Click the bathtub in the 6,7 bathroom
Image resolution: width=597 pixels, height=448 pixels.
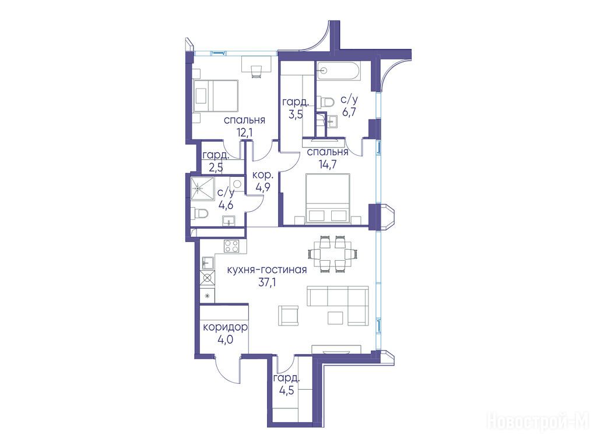point(339,71)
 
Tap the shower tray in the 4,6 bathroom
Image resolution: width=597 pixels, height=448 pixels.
point(203,188)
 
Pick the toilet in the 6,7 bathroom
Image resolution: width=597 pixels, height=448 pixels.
point(326,101)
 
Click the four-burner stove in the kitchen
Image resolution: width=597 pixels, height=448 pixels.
point(231,246)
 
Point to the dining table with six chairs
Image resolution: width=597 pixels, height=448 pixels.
point(333,254)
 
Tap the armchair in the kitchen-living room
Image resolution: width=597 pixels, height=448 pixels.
point(289,316)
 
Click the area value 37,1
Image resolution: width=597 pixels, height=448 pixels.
point(267,283)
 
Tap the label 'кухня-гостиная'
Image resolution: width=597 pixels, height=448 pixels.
point(267,270)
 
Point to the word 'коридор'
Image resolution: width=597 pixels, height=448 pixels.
point(225,327)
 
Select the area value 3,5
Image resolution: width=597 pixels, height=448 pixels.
point(296,114)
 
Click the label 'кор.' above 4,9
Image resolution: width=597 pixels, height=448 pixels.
point(263,175)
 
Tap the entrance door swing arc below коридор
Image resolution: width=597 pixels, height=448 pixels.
point(220,369)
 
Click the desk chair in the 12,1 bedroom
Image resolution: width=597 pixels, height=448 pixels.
point(256,71)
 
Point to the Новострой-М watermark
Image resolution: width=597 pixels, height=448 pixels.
point(538,422)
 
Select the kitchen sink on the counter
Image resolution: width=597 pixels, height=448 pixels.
point(208,262)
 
